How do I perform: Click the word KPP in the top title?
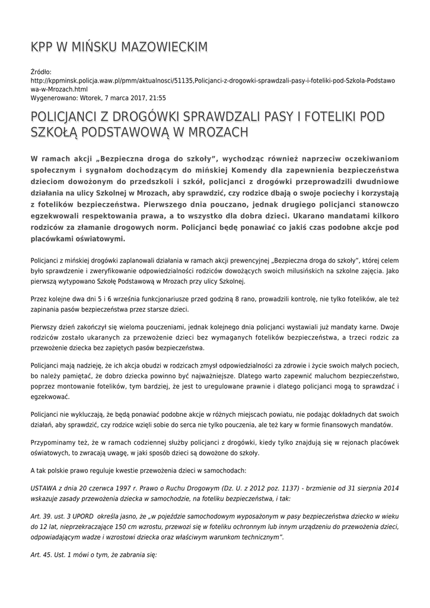pos(42,47)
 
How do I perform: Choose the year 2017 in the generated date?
pos(135,98)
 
